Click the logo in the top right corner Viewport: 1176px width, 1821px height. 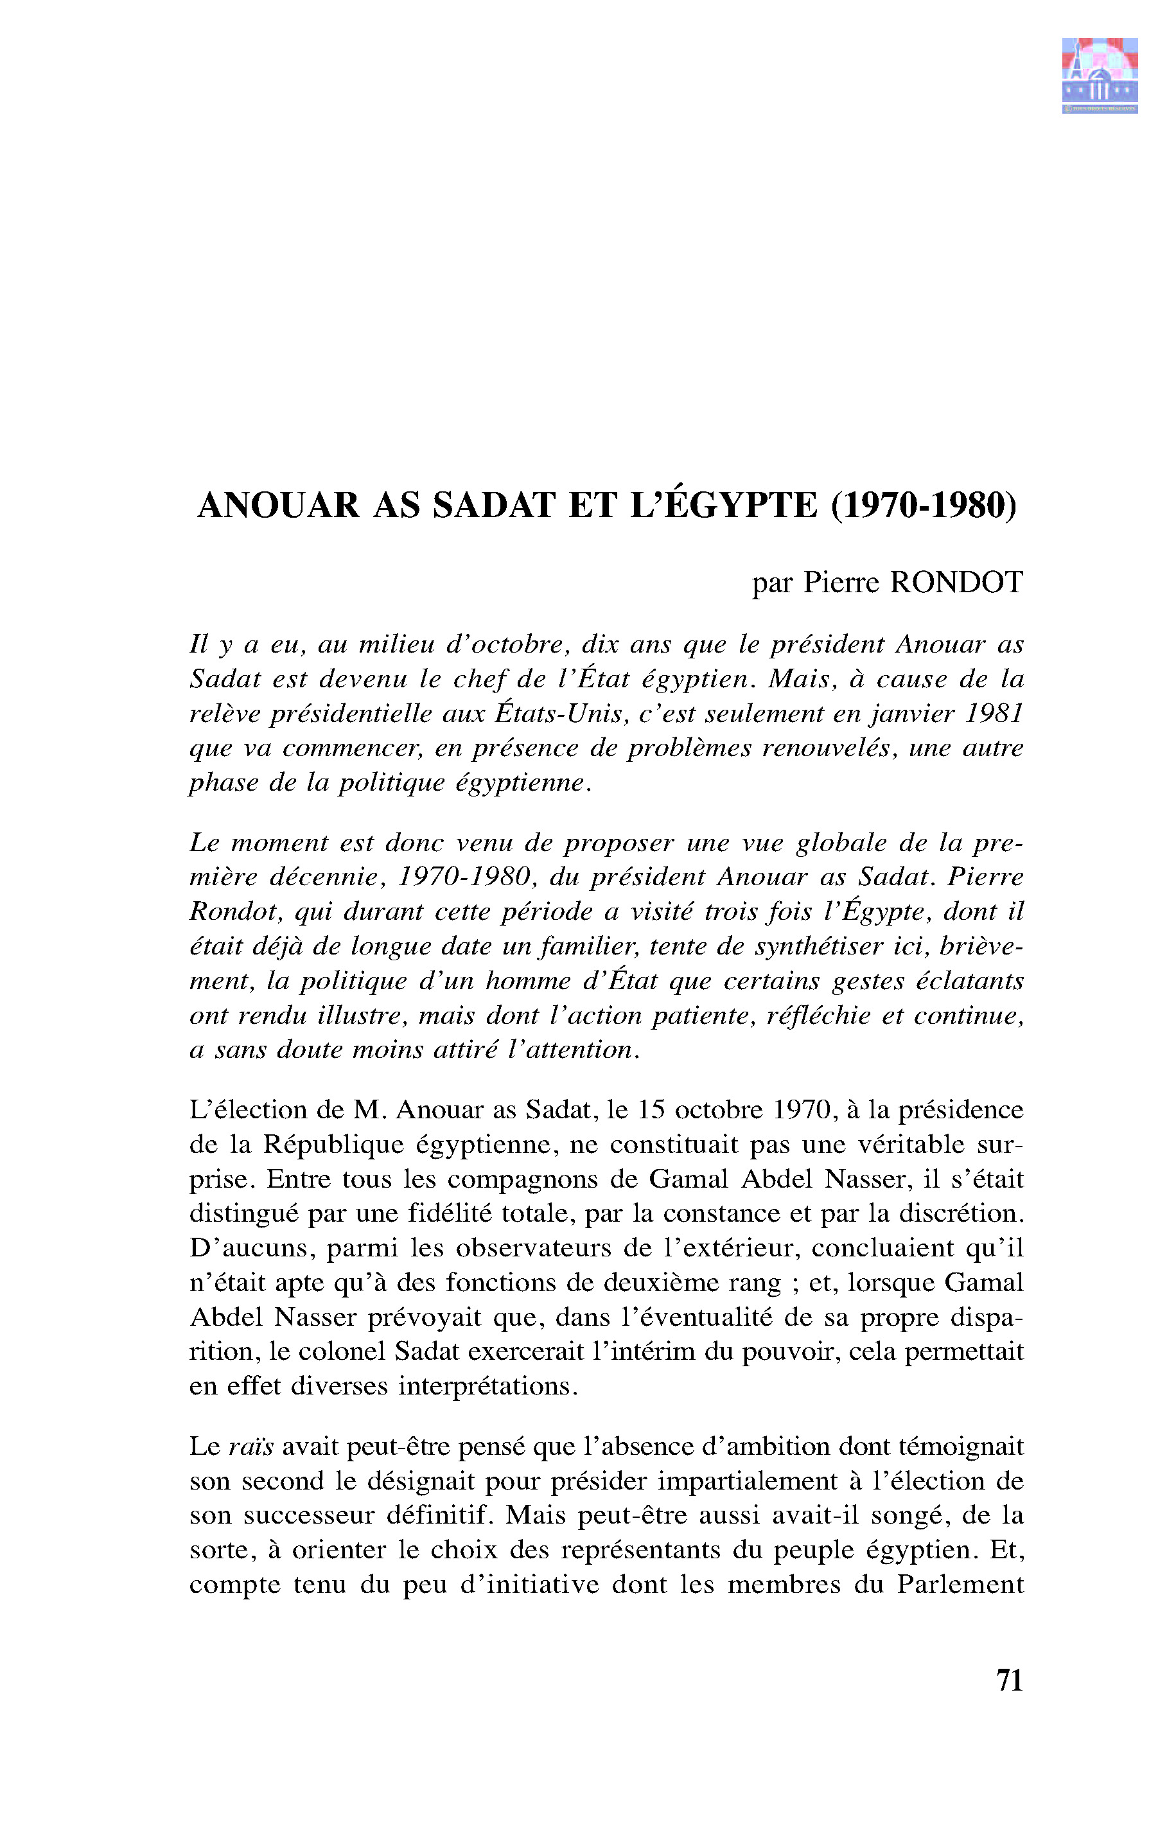pos(1100,75)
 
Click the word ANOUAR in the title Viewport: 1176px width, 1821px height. pos(278,506)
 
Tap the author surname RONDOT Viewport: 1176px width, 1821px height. pos(956,583)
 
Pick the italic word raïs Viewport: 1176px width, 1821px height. pos(250,1447)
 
